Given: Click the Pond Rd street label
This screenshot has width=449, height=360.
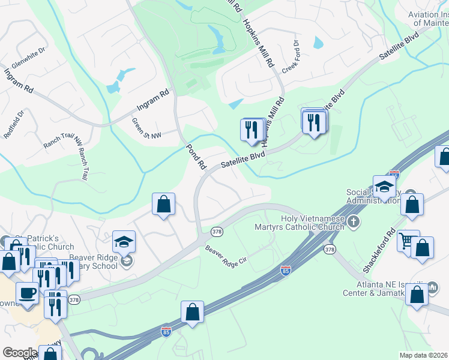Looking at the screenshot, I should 196,156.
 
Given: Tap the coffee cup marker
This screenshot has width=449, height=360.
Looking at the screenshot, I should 26,293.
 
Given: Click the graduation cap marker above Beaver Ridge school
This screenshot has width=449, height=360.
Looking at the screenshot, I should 124,242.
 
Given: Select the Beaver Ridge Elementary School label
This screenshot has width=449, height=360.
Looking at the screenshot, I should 93,261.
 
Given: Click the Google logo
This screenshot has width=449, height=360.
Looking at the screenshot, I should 19,353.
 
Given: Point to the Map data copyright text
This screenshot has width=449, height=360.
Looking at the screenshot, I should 423,355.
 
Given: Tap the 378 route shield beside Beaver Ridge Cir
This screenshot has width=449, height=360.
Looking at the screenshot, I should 217,231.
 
